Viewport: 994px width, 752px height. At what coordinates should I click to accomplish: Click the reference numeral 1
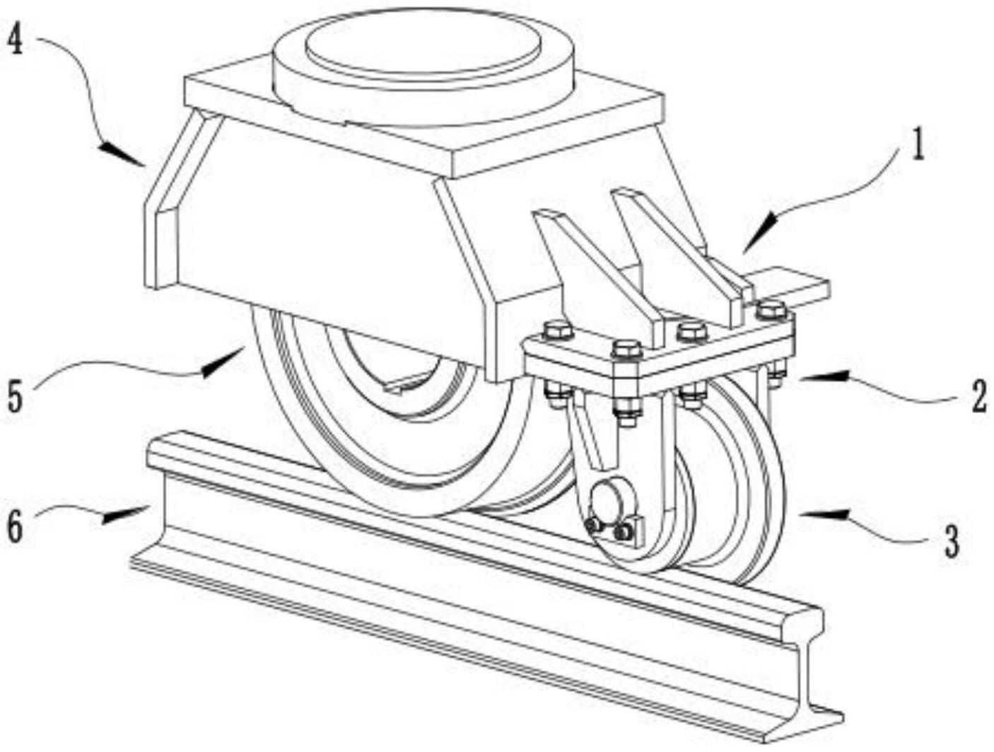tap(917, 145)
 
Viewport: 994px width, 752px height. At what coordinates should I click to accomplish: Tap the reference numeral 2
tap(978, 397)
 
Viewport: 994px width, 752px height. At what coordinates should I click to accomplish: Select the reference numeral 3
tap(952, 541)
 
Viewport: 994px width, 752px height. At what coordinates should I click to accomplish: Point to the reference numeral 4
tap(16, 42)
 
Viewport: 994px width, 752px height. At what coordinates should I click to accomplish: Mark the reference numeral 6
tap(16, 528)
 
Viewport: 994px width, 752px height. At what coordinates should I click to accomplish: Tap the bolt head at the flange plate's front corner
tap(626, 349)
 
